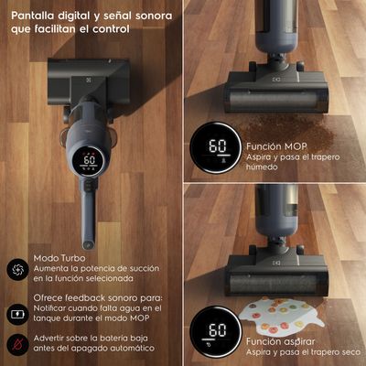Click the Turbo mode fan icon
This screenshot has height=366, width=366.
pyautogui.click(x=17, y=269)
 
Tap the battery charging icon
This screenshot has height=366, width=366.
pyautogui.click(x=17, y=314)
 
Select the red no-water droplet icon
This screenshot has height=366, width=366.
pyautogui.click(x=17, y=344)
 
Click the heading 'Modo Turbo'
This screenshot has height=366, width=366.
pyautogui.click(x=59, y=258)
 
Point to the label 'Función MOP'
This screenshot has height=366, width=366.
pyautogui.click(x=276, y=146)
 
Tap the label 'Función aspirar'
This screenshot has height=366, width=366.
pyautogui.click(x=280, y=341)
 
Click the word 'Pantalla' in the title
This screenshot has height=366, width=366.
pyautogui.click(x=33, y=16)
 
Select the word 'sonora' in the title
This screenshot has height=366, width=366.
pyautogui.click(x=154, y=16)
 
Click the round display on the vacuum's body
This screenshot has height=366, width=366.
pyautogui.click(x=89, y=161)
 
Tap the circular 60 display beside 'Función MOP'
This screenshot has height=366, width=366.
pyautogui.click(x=216, y=148)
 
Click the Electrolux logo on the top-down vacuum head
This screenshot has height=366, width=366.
pyautogui.click(x=89, y=81)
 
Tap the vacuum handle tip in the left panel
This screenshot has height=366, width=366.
pyautogui.click(x=89, y=244)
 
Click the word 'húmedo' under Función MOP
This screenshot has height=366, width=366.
pyautogui.click(x=262, y=167)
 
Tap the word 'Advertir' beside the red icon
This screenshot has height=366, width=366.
pyautogui.click(x=48, y=339)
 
